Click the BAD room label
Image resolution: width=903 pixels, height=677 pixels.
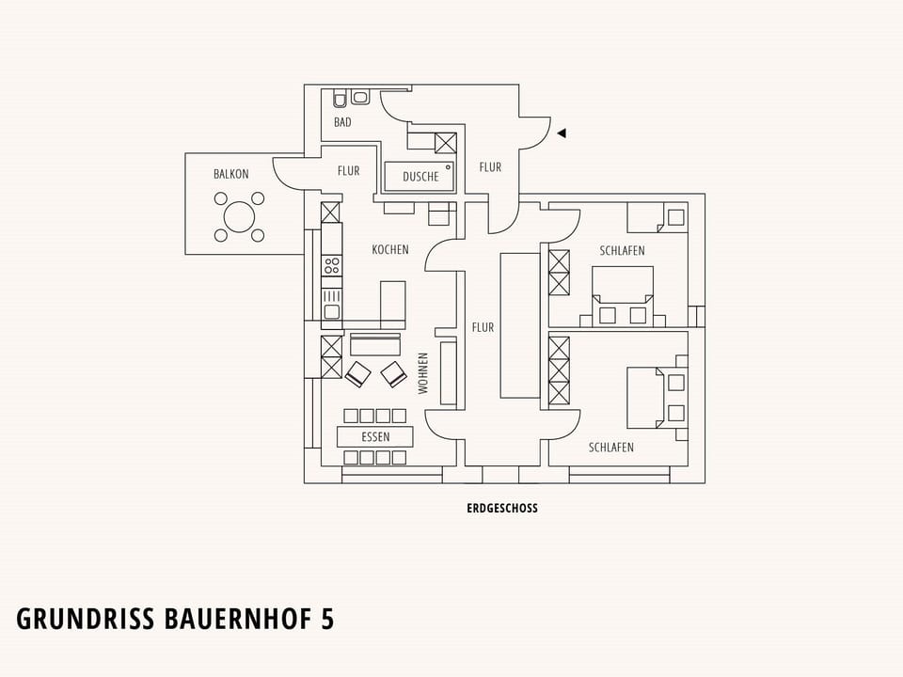(342, 122)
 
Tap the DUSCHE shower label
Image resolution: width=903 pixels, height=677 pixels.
(420, 177)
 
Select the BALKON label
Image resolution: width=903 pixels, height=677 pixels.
(231, 174)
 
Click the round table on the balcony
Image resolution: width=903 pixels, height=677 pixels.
(239, 217)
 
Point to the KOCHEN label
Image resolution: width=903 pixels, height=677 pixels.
(389, 249)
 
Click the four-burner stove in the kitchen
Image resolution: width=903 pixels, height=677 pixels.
(331, 265)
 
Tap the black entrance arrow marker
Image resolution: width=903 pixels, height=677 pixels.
(562, 133)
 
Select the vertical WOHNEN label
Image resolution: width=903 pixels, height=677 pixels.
(423, 373)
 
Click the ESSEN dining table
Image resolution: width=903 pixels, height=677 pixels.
(375, 437)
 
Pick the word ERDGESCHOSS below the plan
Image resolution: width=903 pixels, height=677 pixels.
(502, 509)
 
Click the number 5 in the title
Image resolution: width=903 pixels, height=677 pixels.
(327, 619)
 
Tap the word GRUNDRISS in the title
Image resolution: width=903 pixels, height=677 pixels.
(86, 619)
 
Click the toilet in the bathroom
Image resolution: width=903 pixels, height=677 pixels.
(340, 99)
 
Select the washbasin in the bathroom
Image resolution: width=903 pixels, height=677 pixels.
(361, 97)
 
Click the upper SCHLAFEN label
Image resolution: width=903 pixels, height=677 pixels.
(622, 251)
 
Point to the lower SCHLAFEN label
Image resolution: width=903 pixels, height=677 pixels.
(611, 448)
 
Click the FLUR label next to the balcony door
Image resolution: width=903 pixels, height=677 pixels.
(348, 171)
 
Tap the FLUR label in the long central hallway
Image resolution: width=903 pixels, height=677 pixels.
(483, 327)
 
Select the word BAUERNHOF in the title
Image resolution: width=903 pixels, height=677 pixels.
(237, 619)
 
